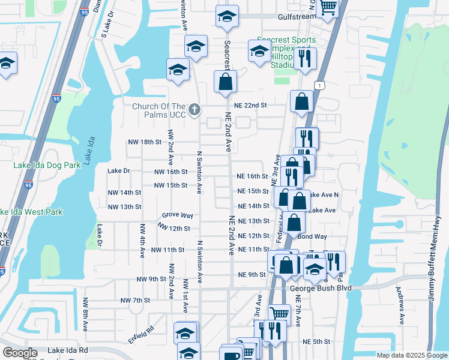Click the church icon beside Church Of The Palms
(194, 110)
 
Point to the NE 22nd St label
(250, 105)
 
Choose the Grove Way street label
(177, 215)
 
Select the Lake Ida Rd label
(68, 350)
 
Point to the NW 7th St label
(134, 300)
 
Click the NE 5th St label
(316, 341)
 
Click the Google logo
(20, 353)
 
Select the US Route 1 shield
(322, 86)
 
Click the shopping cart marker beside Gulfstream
(328, 7)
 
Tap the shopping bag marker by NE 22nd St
(301, 101)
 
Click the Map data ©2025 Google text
(411, 355)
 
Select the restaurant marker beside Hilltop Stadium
(306, 58)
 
